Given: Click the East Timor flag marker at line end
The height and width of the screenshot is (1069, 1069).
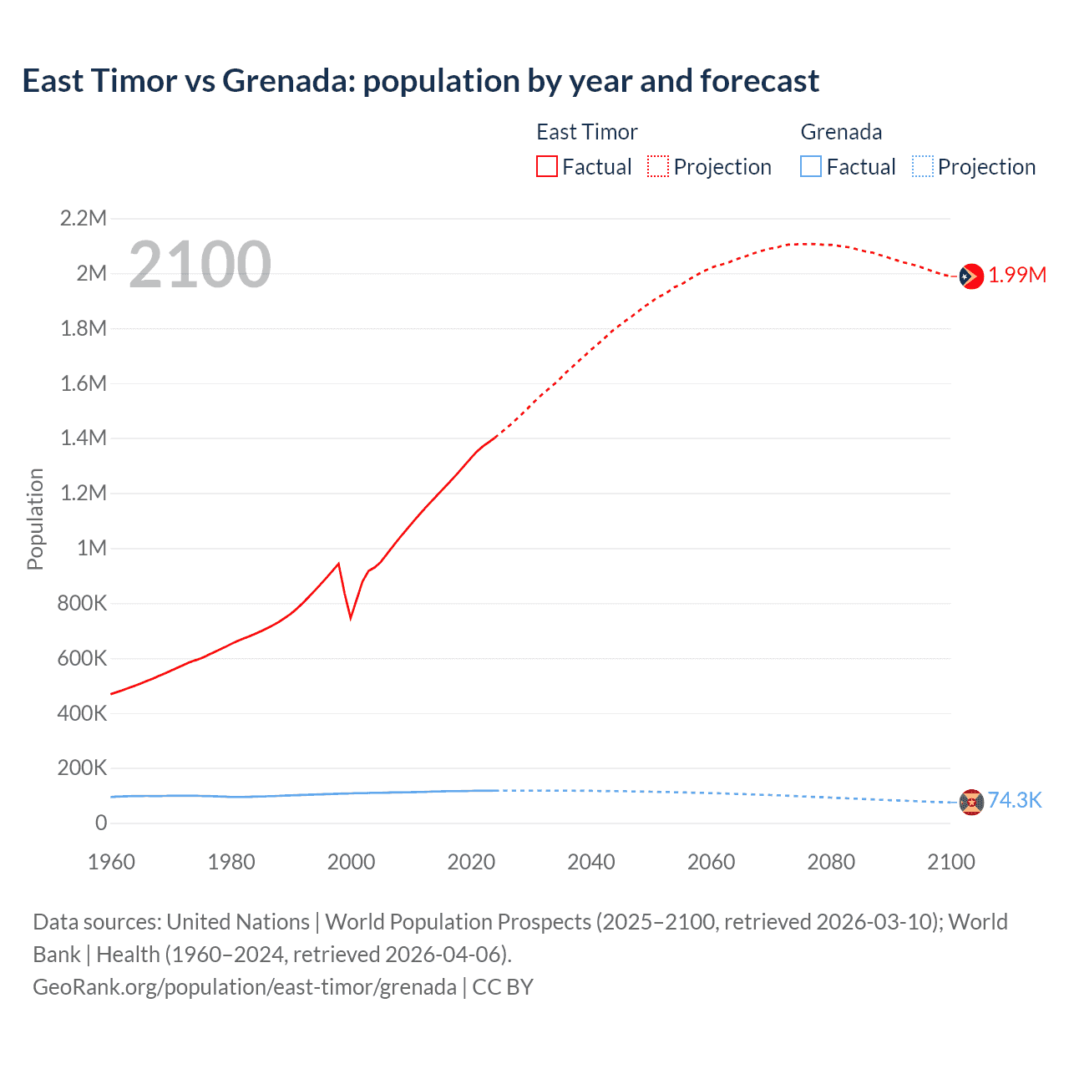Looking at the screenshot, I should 970,276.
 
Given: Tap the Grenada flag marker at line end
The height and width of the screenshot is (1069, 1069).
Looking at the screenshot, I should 971,802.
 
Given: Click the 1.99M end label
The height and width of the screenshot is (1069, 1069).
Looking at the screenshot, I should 1017,275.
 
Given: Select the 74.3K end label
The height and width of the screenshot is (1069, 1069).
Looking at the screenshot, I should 1015,800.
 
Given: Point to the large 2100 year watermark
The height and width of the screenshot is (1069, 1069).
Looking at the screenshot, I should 200,264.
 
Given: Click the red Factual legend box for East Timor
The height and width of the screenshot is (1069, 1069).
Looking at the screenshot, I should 547,166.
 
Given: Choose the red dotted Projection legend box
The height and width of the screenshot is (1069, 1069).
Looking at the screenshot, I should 658,166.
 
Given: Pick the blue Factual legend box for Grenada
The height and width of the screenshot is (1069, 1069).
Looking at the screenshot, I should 811,166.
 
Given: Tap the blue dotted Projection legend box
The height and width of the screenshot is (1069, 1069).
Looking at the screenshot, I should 922,166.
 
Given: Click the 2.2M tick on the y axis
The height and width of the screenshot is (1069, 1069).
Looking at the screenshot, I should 84,219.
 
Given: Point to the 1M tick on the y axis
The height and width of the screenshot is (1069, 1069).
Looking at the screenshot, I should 92,548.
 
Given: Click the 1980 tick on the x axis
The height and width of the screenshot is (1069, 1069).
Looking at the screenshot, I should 231,862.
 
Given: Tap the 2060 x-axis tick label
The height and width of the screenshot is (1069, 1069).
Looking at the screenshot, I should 711,862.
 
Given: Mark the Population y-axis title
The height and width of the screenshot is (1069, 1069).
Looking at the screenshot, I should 35,519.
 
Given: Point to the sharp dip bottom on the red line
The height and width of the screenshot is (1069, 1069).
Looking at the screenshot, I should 351,618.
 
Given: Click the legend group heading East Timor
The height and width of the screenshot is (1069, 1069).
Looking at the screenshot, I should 586,132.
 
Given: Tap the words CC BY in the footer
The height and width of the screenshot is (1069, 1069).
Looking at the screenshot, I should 503,987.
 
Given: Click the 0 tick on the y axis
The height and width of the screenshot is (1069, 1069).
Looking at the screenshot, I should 101,823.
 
